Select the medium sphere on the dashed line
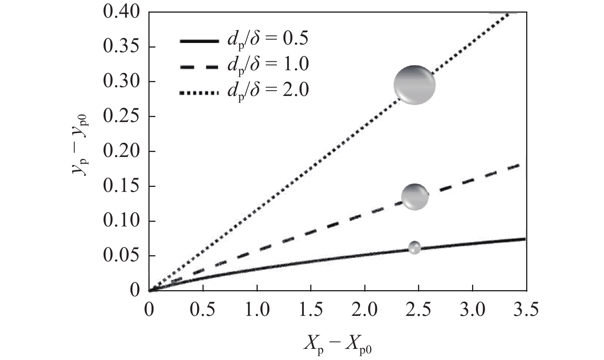pos(415,197)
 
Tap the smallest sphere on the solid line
pos(414,248)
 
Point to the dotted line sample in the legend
pos(198,92)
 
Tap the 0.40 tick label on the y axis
pos(122,12)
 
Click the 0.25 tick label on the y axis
pos(122,117)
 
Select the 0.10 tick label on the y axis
pos(122,221)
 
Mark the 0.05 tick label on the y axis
pos(122,256)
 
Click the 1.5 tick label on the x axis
pos(311,309)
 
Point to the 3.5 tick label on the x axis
pos(526,309)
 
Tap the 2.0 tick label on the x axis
pos(365,309)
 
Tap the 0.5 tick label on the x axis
pos(203,309)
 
